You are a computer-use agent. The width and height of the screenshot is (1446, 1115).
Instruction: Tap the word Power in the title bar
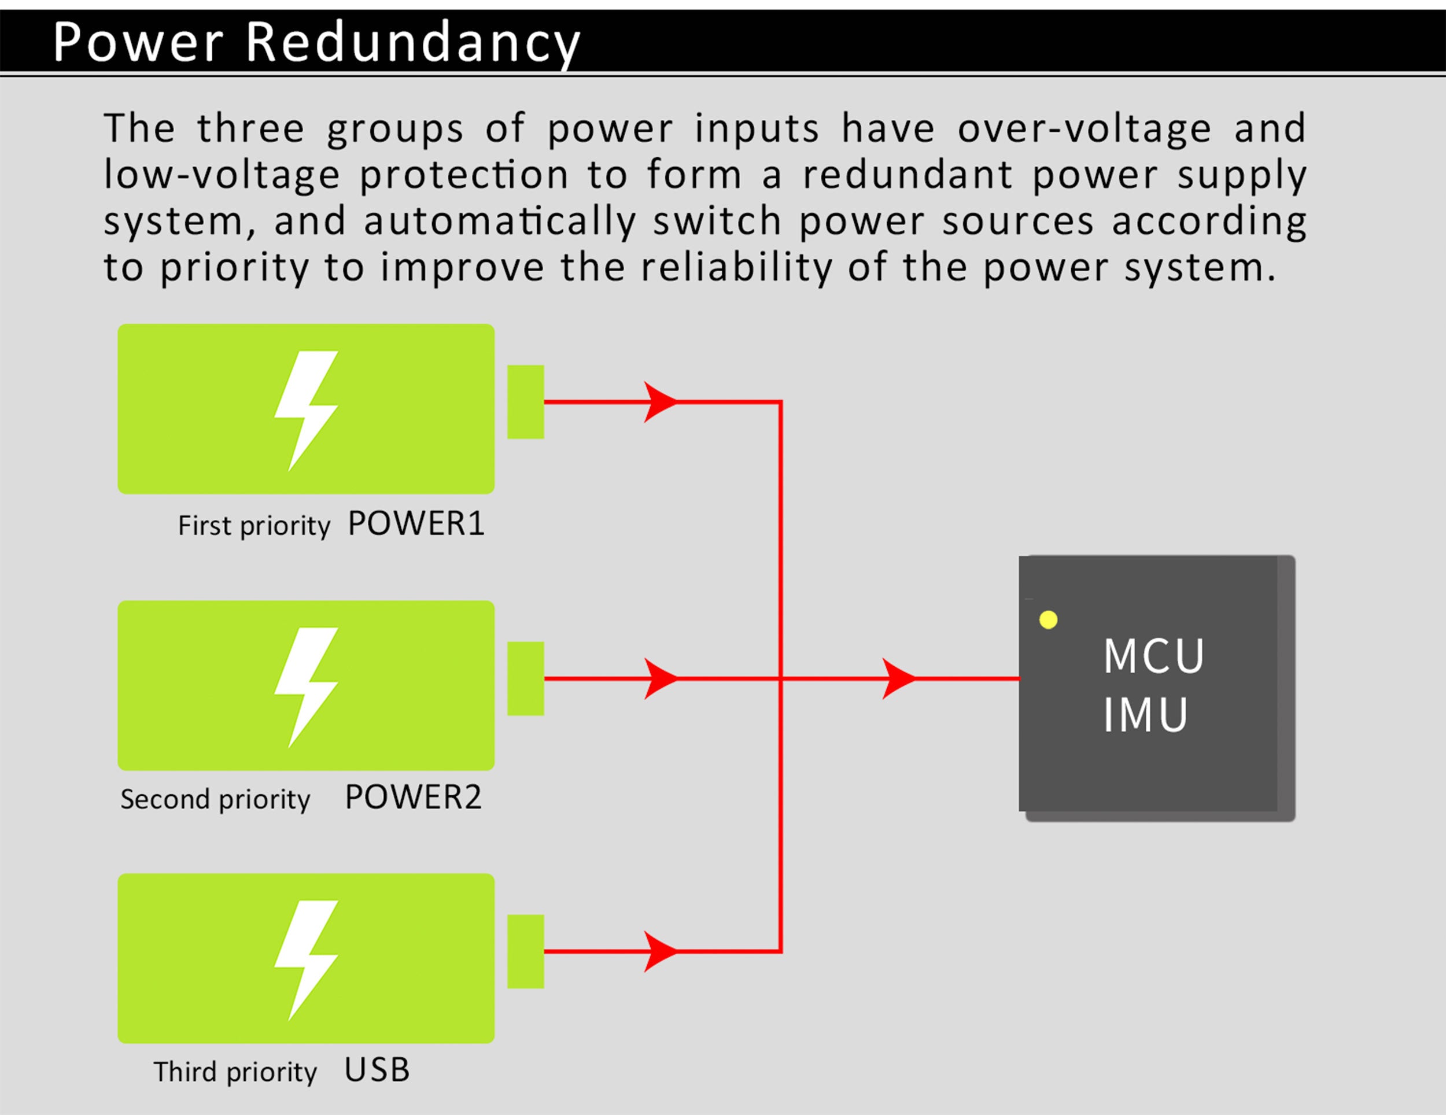pos(138,42)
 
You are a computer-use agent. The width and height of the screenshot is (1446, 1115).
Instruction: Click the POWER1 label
pos(416,524)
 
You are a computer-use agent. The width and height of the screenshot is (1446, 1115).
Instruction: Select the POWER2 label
pos(413,797)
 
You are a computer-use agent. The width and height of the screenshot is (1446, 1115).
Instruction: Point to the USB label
pos(377,1070)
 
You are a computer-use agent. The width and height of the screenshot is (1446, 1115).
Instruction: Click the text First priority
pos(253,526)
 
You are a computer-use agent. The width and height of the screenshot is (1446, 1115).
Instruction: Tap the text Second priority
pos(215,800)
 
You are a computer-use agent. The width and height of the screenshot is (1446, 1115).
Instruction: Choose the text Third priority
pos(235,1073)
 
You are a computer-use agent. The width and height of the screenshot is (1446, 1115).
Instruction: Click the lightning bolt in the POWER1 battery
pos(306,410)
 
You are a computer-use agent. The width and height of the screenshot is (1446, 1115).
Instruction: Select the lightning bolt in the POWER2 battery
pos(306,686)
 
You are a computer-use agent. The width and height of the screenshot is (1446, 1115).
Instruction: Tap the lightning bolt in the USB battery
pos(306,959)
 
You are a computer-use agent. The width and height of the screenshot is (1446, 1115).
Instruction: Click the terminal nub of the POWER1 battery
pos(526,402)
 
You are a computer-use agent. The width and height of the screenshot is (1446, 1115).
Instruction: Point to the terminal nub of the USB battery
pos(526,951)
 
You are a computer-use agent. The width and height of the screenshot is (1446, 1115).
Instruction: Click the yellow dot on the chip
pos(1048,620)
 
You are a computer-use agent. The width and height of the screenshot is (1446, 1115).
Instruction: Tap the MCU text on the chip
pos(1153,656)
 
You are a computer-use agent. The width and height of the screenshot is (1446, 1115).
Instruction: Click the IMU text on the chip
pos(1145,715)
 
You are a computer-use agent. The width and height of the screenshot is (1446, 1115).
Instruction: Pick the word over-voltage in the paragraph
pos(1084,128)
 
